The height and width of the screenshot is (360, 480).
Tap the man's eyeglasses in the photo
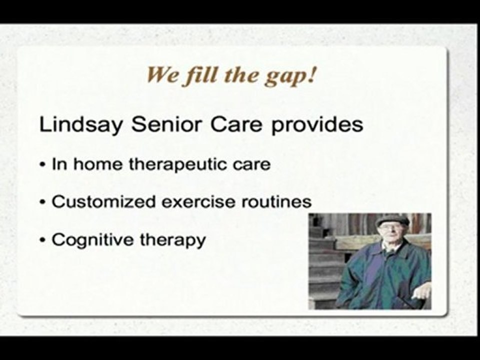(x=389, y=227)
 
